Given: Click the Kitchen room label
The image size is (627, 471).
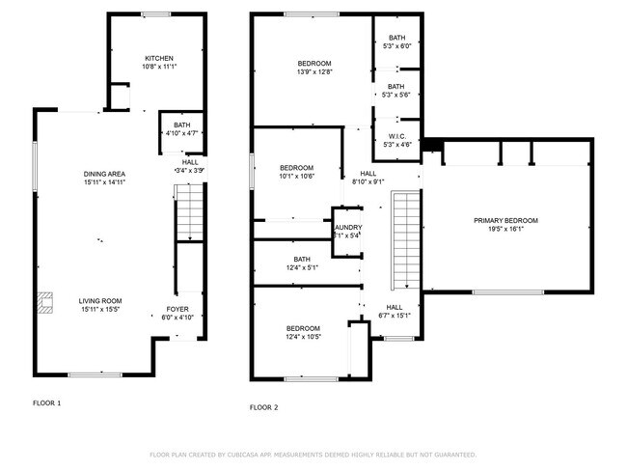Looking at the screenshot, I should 159,58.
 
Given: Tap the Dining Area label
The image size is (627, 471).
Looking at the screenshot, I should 105,174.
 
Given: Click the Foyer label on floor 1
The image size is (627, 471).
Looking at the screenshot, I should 177,311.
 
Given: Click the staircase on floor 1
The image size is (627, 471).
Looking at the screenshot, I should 190,212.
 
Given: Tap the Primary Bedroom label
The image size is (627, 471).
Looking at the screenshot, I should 505,221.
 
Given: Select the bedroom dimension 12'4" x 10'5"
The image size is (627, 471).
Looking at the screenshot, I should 303,337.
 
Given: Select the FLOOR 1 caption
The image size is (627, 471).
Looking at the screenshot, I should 47,402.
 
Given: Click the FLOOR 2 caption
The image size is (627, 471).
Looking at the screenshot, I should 263,407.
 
